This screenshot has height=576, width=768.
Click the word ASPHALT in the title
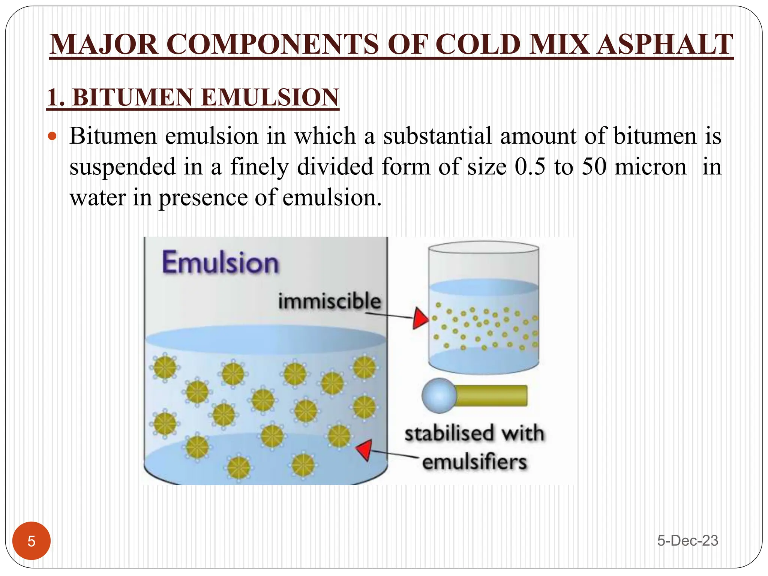[x=664, y=45]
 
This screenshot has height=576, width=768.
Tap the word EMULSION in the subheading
[x=270, y=97]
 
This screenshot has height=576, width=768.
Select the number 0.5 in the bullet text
[x=530, y=166]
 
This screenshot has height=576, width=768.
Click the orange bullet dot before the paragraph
[x=52, y=136]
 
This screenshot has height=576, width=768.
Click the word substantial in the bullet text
[x=437, y=136]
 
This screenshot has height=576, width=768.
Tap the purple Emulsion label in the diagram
[x=220, y=262]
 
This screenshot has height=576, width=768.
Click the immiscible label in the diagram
[x=329, y=301]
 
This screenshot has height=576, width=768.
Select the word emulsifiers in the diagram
[x=474, y=462]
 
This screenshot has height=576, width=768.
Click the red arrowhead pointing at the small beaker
[x=420, y=318]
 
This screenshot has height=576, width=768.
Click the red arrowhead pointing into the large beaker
[x=364, y=449]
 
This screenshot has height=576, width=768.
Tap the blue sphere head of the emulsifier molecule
[x=439, y=396]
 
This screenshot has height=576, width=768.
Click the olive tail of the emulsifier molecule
[x=492, y=396]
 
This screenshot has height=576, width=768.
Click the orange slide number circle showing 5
[x=31, y=541]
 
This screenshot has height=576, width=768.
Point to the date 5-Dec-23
[x=687, y=541]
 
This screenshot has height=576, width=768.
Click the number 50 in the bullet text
[x=594, y=166]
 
